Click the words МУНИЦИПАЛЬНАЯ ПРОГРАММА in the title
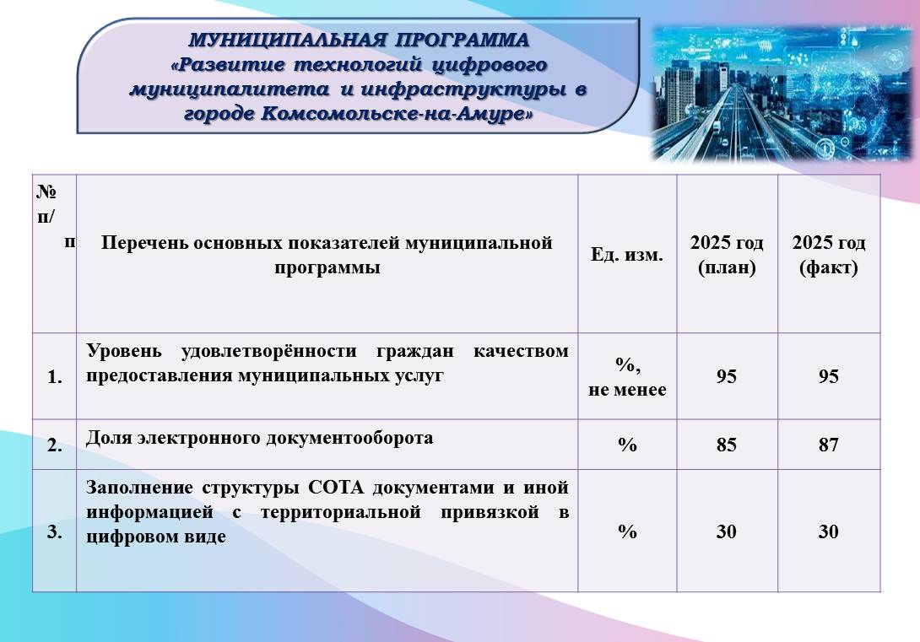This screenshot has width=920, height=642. coord(359,40)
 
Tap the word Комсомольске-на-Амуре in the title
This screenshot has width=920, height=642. coord(397,113)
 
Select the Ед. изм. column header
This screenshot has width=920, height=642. coord(626,255)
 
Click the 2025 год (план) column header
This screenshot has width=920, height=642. coord(727,255)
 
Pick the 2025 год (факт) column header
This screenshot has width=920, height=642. coord(829,255)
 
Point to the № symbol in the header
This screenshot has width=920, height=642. coord(46,192)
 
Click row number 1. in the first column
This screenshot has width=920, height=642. coord(55,377)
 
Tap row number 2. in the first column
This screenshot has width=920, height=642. coord(55,445)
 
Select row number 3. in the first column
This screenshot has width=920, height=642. coord(55,531)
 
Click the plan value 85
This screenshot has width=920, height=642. coord(727,445)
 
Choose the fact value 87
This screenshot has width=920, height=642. coord(829,445)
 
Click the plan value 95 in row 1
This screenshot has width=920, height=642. coord(727,376)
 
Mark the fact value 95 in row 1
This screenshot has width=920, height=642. coord(829,376)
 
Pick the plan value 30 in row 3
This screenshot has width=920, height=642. coord(727,531)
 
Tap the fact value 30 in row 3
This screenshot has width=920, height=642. coord(829,531)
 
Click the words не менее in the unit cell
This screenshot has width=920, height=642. coord(627,390)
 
